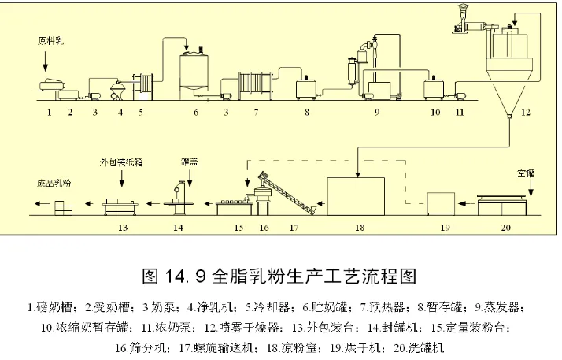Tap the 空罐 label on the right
coord(526,173)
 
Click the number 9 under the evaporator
coord(377,113)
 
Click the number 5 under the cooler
coord(141,113)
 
